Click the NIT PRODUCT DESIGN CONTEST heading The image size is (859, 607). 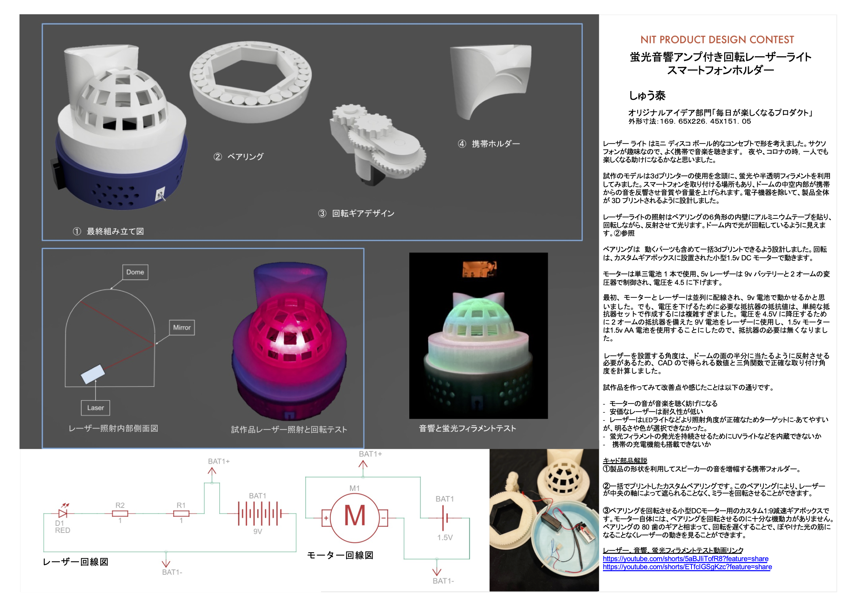tap(717, 40)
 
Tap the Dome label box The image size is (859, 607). tap(135, 272)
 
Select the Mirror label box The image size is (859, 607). tap(182, 327)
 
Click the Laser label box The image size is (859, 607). tap(96, 408)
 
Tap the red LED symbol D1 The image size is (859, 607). tap(63, 513)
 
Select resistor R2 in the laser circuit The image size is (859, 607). tap(120, 513)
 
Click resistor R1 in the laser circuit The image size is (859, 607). tap(181, 513)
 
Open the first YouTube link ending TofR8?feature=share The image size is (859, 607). tap(686, 559)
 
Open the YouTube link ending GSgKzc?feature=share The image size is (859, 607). tap(687, 567)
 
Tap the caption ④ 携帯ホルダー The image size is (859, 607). tap(489, 144)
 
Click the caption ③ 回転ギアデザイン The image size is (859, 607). tap(356, 213)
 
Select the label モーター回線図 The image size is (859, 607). tap(340, 555)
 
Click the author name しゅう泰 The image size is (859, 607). tap(647, 96)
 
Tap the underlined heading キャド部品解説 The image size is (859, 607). tap(625, 460)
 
